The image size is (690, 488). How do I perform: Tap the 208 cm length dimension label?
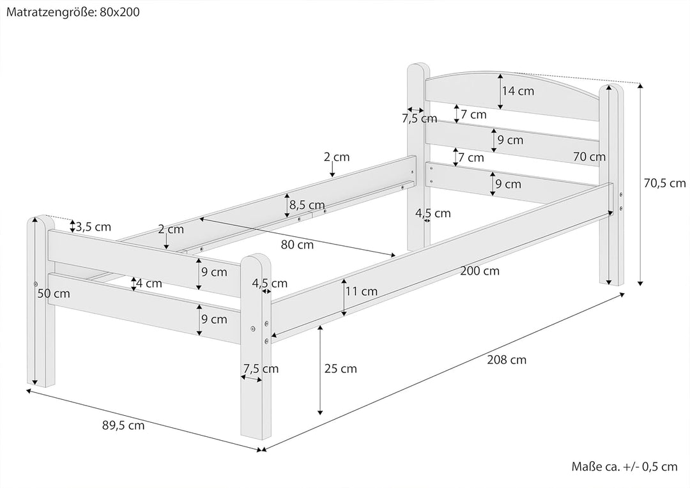click(x=506, y=360)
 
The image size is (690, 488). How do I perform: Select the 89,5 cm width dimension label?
click(x=123, y=425)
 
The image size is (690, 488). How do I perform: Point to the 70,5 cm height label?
click(x=664, y=183)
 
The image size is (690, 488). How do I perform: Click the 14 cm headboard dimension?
click(x=517, y=91)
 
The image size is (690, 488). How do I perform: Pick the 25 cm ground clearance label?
click(x=340, y=369)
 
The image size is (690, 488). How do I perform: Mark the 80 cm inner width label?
click(x=296, y=244)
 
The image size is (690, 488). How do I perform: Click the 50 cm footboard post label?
click(x=54, y=294)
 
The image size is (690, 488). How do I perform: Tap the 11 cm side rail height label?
click(x=361, y=291)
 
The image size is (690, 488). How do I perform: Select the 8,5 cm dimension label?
click(x=307, y=205)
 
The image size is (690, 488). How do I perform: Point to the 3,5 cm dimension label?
click(x=93, y=227)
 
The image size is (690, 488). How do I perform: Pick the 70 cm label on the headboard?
click(x=588, y=156)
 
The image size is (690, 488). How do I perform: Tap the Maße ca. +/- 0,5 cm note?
click(x=624, y=467)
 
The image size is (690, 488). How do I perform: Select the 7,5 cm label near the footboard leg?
click(x=261, y=369)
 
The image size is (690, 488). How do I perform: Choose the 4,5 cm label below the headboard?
click(x=433, y=213)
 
